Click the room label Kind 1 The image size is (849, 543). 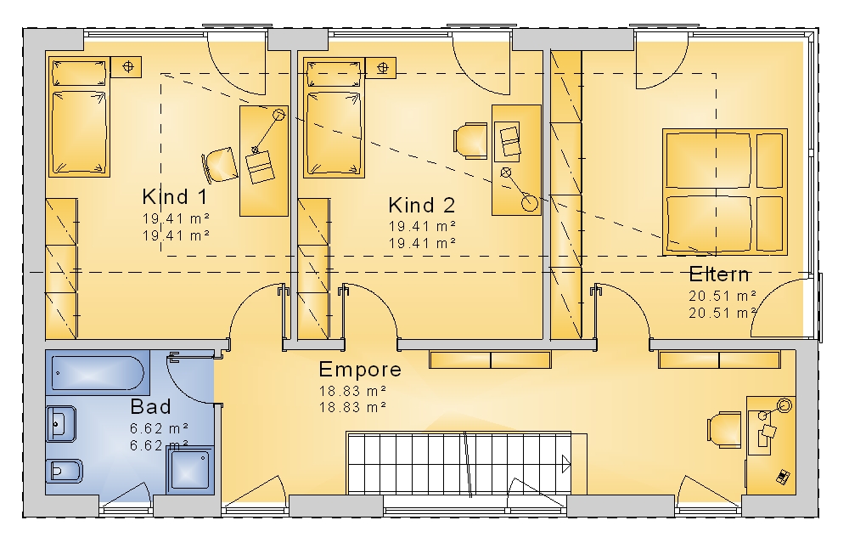coord(174,196)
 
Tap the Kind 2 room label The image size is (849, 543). coord(422,206)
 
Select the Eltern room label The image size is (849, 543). coord(719,274)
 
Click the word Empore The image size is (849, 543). coord(360,370)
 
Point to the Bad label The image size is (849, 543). coord(150,406)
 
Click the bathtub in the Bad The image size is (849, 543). coord(98,373)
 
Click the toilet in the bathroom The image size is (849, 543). coord(64,472)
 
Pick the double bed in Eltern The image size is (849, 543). coord(724,192)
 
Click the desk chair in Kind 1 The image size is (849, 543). coord(220,165)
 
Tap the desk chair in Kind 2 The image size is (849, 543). coord(470,141)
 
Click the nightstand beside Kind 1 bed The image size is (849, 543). coord(127,67)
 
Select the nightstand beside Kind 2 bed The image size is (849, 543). coord(380,68)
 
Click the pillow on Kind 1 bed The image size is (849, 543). coord(79,73)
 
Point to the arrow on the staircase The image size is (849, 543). coord(566,465)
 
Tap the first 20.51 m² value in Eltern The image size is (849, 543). coord(722,296)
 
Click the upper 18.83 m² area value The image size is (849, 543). coord(352,391)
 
